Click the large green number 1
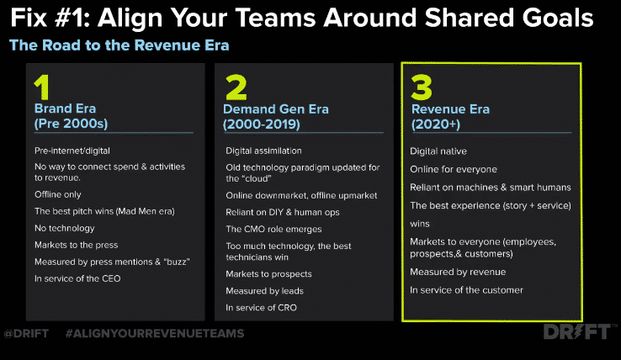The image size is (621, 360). [x=42, y=87]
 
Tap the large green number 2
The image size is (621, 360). [x=236, y=87]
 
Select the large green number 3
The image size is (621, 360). [x=422, y=87]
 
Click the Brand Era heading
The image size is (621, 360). [x=65, y=109]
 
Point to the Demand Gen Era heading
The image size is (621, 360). [x=276, y=109]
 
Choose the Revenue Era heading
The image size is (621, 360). [x=450, y=109]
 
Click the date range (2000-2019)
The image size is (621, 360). [x=262, y=124]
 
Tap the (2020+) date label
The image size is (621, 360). [x=436, y=124]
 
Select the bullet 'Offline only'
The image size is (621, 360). [x=58, y=194]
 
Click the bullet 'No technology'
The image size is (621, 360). [x=65, y=228]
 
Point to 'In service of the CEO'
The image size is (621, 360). [x=77, y=278]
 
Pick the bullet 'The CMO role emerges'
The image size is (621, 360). [x=273, y=229]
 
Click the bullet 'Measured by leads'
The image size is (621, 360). [x=264, y=291]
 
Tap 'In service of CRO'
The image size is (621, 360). [x=261, y=307]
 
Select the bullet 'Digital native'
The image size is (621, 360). [x=438, y=151]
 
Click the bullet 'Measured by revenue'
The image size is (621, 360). [x=458, y=272]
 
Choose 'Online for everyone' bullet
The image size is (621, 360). [x=454, y=169]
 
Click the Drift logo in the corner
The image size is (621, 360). [x=577, y=331]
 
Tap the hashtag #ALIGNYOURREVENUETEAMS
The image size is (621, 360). [x=155, y=333]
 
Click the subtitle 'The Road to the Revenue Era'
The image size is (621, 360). [x=119, y=45]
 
